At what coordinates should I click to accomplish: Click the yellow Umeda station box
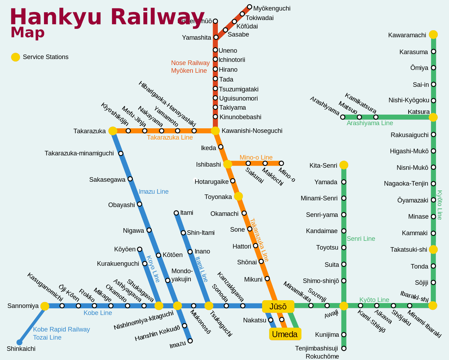pos(285,334)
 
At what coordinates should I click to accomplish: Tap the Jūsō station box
pos(278,307)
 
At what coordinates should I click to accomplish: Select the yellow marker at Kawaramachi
pos(433,34)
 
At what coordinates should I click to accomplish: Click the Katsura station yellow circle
pos(433,117)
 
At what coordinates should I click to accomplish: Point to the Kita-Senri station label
pos(323,166)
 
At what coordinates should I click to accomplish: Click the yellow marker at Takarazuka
pos(113,131)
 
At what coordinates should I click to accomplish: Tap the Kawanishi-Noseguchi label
pos(252,131)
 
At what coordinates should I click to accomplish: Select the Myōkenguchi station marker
pos(249,7)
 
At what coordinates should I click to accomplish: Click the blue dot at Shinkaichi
pos(20,342)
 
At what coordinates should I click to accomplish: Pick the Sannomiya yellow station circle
pos(45,306)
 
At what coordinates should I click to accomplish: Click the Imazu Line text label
pos(154,192)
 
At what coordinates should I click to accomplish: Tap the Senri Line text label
pos(361,239)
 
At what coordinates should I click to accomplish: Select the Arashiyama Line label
pos(370,123)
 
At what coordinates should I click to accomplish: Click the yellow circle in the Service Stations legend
pos(15,57)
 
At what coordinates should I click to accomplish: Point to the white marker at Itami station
pos(176,213)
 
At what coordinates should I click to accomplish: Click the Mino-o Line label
pos(256,157)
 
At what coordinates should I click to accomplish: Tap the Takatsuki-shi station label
pos(409,250)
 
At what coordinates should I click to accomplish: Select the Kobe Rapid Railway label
pos(61,329)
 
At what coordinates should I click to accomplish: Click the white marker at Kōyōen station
pos(139,249)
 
